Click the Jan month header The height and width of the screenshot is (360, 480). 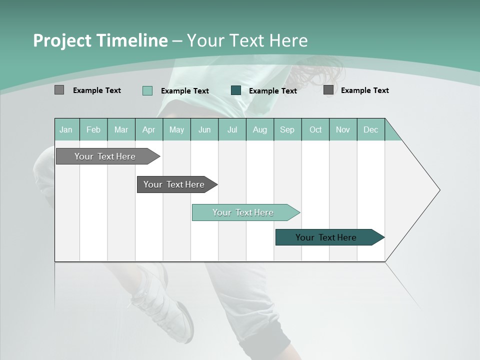(66, 129)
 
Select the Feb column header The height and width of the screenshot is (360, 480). (93, 129)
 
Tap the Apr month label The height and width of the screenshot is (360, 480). (148, 129)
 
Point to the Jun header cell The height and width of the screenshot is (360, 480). (204, 129)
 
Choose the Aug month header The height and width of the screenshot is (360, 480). (259, 129)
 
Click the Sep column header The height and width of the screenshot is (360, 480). (287, 129)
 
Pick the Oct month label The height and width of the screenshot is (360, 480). (315, 129)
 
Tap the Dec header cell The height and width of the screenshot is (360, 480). (370, 129)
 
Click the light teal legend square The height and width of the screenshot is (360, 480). (147, 90)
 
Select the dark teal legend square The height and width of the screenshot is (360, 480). (236, 90)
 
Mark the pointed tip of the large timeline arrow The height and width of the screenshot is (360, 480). (439, 190)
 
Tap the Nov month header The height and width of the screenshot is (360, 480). (343, 129)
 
